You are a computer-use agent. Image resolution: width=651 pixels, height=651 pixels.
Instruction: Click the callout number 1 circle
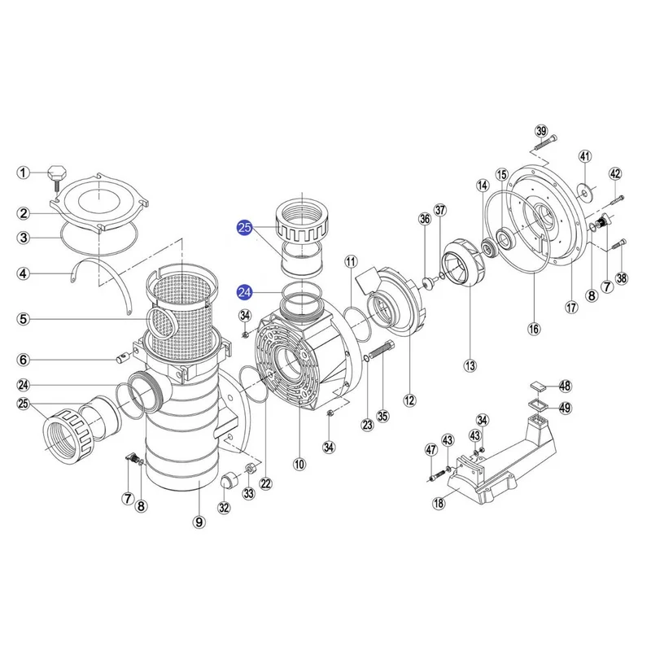point(24,173)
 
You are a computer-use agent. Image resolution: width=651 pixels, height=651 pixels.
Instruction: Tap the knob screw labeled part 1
point(58,173)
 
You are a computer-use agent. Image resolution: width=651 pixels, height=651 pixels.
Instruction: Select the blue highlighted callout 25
point(244,229)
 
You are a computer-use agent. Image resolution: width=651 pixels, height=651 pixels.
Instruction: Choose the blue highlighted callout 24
point(244,291)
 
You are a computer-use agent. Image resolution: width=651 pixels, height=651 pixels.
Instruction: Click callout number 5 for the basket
point(24,320)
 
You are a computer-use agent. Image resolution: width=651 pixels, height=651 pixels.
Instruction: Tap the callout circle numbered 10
point(299,465)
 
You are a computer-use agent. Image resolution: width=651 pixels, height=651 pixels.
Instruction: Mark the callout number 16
point(534,329)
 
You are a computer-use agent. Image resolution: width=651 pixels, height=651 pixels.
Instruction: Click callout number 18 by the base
point(439,504)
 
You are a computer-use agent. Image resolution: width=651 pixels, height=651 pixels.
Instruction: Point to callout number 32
point(225,509)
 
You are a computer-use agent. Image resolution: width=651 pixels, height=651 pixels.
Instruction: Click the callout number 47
point(430,450)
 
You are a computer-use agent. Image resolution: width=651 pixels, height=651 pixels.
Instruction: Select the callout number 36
point(424,218)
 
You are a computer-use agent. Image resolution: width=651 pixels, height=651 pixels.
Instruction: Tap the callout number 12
point(409,400)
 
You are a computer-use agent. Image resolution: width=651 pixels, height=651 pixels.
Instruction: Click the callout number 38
point(622,278)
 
